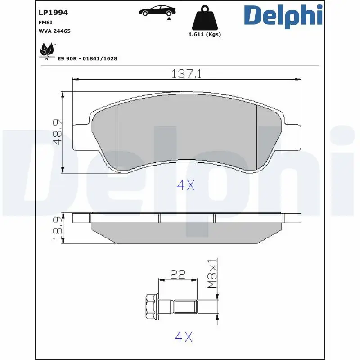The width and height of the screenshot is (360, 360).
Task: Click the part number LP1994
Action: coord(53,13)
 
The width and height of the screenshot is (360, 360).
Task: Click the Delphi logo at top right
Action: coord(283,15)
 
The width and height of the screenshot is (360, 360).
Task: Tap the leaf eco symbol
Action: coord(46,50)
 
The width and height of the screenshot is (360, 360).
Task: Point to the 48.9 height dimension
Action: coord(57,132)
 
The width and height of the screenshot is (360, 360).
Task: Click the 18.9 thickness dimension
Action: coord(58,229)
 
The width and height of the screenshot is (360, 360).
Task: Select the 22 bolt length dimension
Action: coord(179,274)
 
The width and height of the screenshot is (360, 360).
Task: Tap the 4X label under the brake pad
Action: coord(186,185)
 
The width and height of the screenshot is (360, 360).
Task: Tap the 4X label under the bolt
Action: coord(184,337)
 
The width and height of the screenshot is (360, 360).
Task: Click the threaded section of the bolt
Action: coord(186,308)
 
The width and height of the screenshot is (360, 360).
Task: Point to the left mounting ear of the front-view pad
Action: coord(81,136)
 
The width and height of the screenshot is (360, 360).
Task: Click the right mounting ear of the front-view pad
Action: coord(292,136)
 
